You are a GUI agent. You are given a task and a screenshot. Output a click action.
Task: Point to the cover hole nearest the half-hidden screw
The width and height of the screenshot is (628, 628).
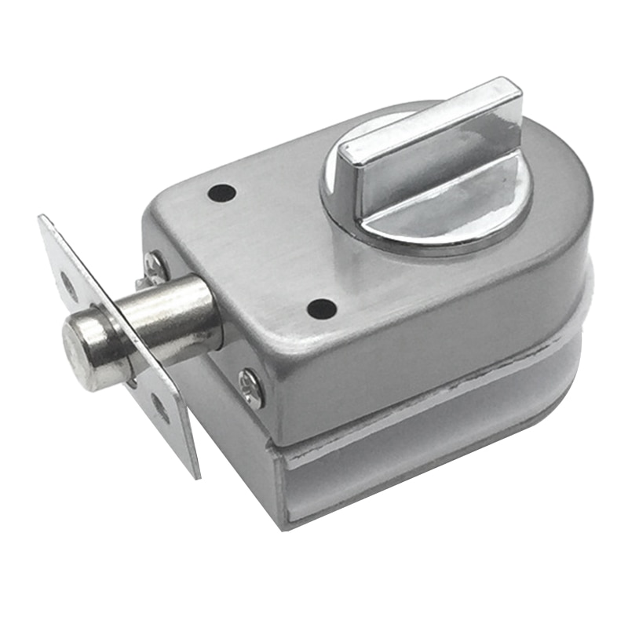tap(222, 192)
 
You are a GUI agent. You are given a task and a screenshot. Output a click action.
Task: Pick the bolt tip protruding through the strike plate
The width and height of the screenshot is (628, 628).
tap(85, 351)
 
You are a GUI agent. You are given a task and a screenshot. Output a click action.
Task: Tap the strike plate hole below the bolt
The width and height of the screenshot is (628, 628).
tap(160, 408)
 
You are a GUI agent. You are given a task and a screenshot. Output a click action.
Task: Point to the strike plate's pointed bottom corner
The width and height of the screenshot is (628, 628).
tap(194, 476)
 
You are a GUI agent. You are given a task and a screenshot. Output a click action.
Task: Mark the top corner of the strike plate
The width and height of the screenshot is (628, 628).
tap(43, 218)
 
